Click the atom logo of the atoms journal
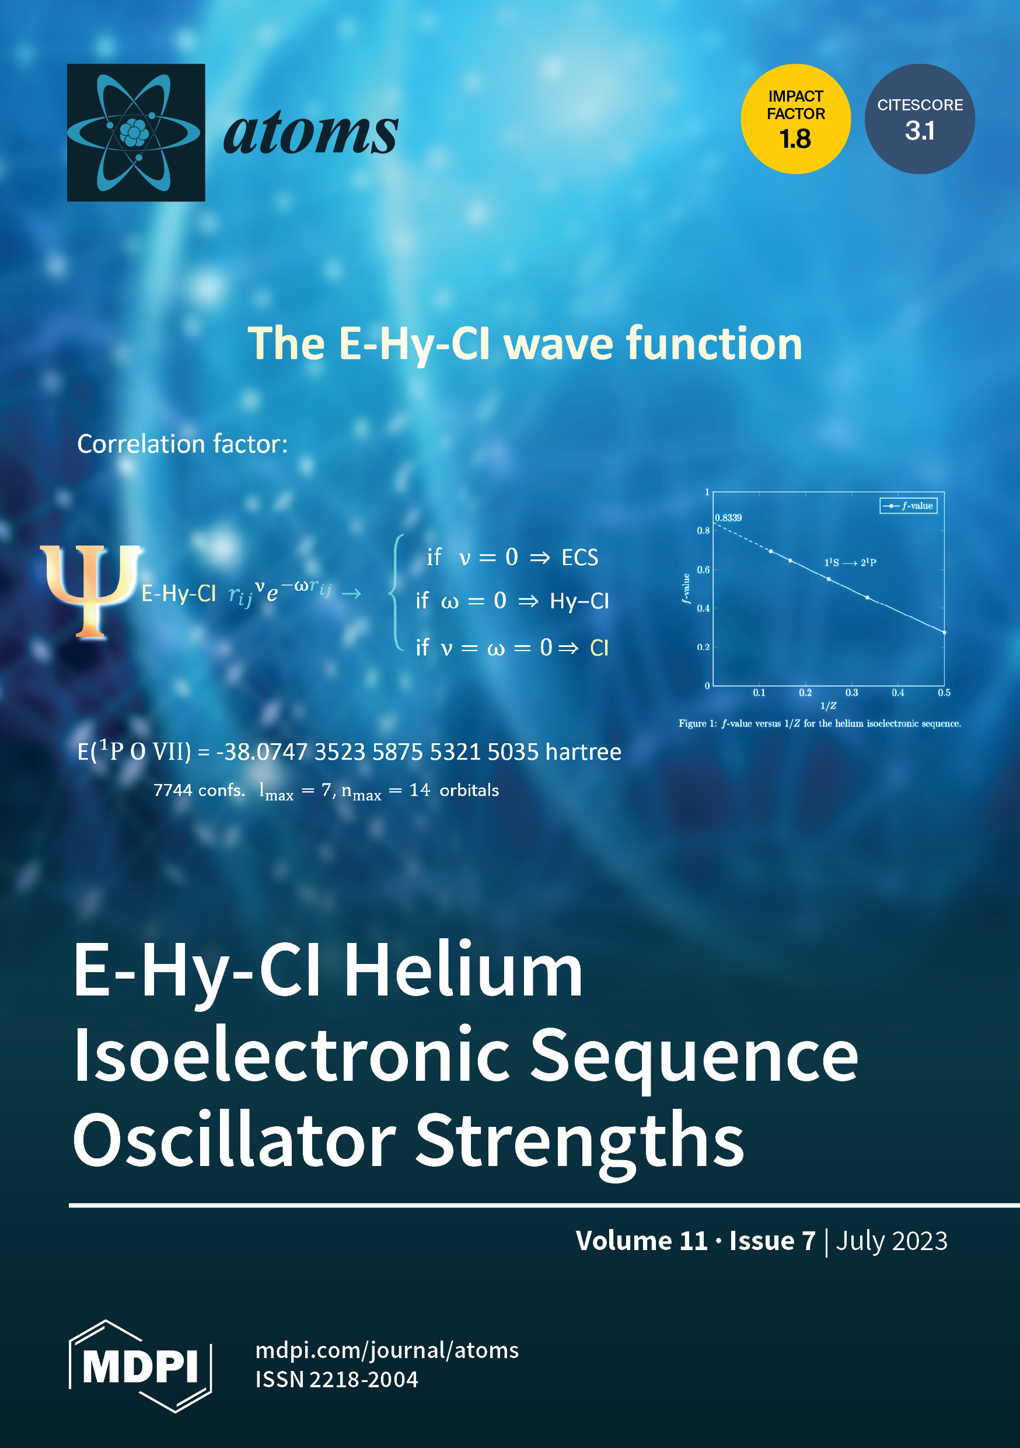click(136, 133)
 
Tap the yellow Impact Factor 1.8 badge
click(795, 119)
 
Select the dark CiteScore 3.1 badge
click(920, 119)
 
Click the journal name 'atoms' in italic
click(311, 134)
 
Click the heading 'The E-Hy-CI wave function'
click(525, 344)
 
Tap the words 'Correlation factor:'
click(182, 444)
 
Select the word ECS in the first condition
click(579, 558)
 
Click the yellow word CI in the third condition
click(599, 648)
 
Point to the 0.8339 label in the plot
click(728, 518)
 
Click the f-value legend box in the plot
click(909, 506)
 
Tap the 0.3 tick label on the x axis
click(852, 692)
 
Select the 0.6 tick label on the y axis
click(703, 569)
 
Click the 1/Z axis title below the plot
click(829, 706)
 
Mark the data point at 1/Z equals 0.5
click(944, 632)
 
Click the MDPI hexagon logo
click(140, 1366)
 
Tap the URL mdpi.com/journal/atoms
click(387, 1350)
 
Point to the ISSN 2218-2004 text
click(337, 1379)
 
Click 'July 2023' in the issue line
click(892, 1241)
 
